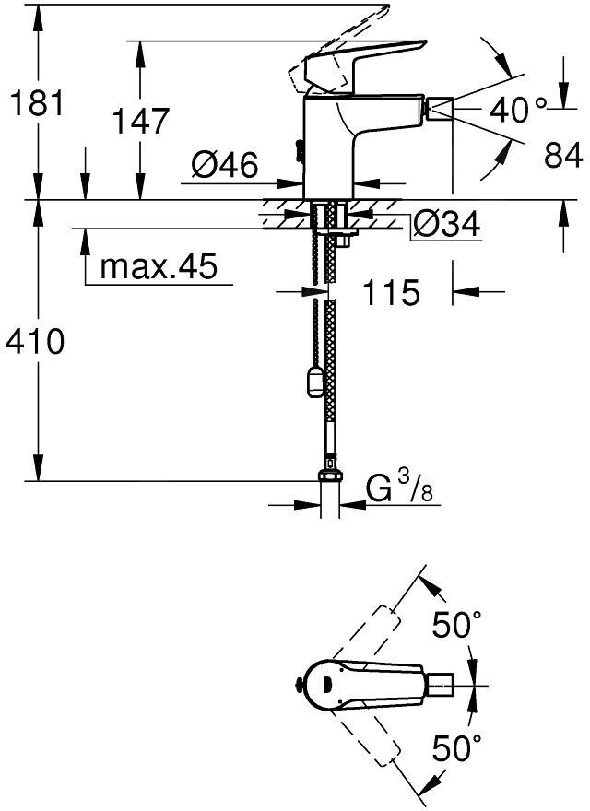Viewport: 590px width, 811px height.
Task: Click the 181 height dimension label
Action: click(x=37, y=102)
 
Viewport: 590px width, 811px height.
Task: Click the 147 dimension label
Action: click(x=141, y=121)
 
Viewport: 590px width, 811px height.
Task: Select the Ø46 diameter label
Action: click(x=224, y=166)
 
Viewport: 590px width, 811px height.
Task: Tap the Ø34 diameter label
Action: click(x=446, y=224)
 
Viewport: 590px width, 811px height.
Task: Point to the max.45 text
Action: click(x=159, y=266)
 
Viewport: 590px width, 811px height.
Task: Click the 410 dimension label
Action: click(x=34, y=341)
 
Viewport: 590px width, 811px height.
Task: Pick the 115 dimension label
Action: click(x=391, y=292)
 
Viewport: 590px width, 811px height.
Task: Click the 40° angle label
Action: click(x=517, y=110)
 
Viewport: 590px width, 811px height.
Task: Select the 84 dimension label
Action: click(x=563, y=154)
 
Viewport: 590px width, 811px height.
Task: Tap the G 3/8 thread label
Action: click(x=399, y=488)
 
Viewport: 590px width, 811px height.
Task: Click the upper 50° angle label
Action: click(x=457, y=625)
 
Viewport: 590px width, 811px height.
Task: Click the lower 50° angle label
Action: click(x=457, y=748)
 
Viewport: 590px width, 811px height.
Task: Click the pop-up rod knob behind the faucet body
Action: click(x=298, y=149)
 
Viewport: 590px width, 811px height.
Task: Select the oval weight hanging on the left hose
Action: click(x=314, y=382)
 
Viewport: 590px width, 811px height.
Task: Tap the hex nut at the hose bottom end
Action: click(x=330, y=476)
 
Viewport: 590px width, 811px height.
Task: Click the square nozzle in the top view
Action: click(x=441, y=686)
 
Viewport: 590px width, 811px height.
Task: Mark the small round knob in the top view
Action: click(x=298, y=686)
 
